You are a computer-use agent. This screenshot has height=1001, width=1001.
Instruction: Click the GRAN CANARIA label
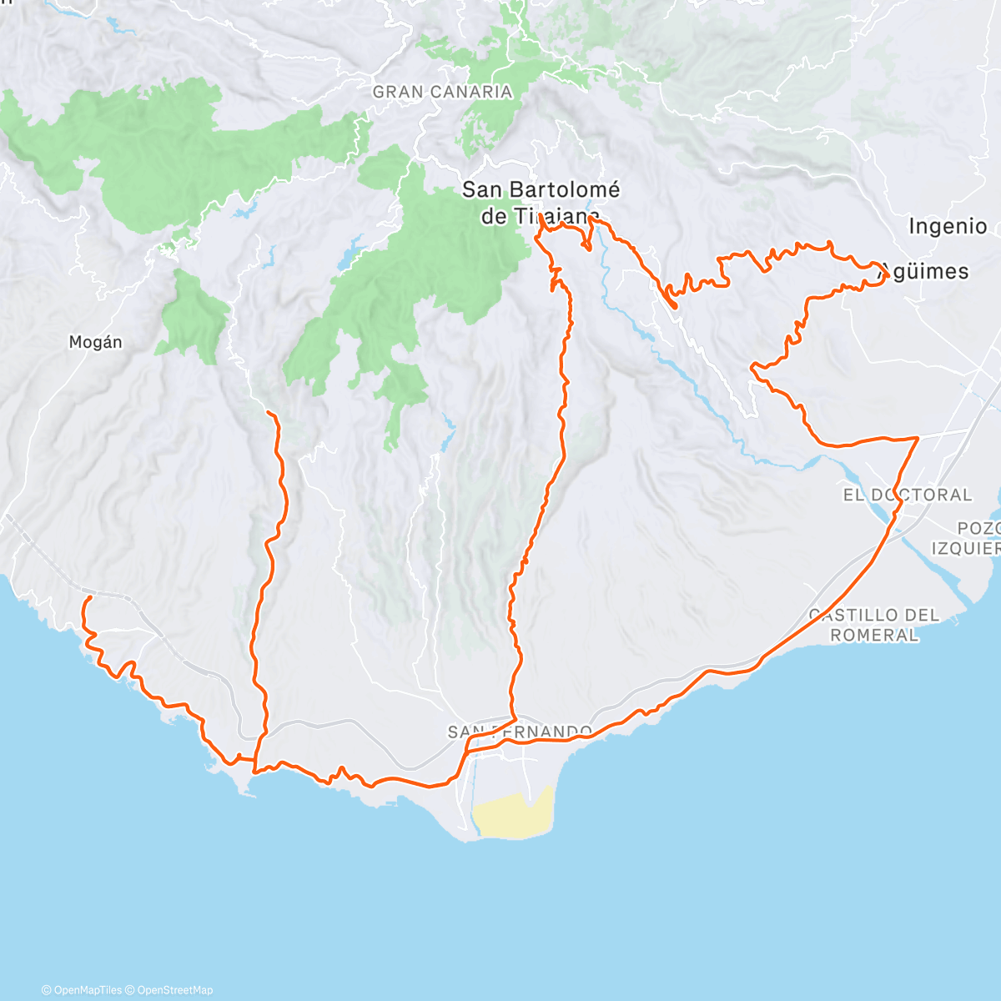coord(442,92)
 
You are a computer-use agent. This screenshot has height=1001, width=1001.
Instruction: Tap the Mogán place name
coord(95,342)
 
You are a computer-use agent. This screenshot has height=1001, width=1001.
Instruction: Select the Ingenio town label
coord(948,226)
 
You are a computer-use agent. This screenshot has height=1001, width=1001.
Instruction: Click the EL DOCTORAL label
coord(908,495)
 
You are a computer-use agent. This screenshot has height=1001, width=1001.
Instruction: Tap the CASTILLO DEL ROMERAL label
coord(874,625)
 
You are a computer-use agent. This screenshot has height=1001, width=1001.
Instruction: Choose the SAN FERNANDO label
coord(520,732)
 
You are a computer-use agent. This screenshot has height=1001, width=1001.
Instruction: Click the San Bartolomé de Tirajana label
coord(541,203)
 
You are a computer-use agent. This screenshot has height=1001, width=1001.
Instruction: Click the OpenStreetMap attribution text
coord(174,990)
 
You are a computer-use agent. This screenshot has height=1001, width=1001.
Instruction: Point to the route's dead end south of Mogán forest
coord(267,412)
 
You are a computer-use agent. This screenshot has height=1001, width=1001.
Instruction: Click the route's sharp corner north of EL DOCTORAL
coord(918,437)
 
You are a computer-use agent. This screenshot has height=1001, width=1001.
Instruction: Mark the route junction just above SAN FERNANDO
coord(515,718)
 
